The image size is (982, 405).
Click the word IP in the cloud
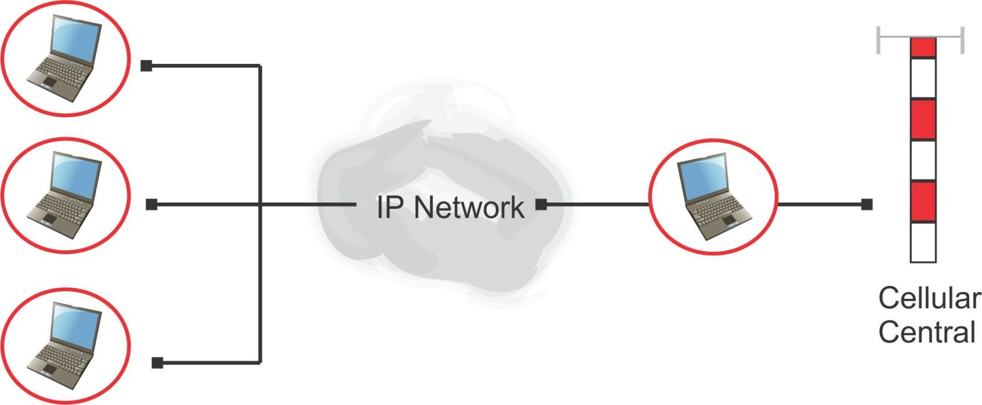click(x=387, y=207)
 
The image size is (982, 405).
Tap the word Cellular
click(x=929, y=298)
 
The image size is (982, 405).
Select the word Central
click(x=926, y=332)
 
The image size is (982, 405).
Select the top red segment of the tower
click(x=923, y=48)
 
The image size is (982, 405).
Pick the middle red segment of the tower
click(x=923, y=120)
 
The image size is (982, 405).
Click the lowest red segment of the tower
click(x=923, y=201)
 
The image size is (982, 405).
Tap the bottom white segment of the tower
click(x=923, y=242)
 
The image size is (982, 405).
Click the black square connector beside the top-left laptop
click(x=146, y=66)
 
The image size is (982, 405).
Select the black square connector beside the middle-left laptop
click(x=151, y=204)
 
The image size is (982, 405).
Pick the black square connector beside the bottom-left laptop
click(x=157, y=363)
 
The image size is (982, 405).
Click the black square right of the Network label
click(x=541, y=204)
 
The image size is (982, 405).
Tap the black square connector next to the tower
click(x=867, y=204)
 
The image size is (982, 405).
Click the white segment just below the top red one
click(x=923, y=78)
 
